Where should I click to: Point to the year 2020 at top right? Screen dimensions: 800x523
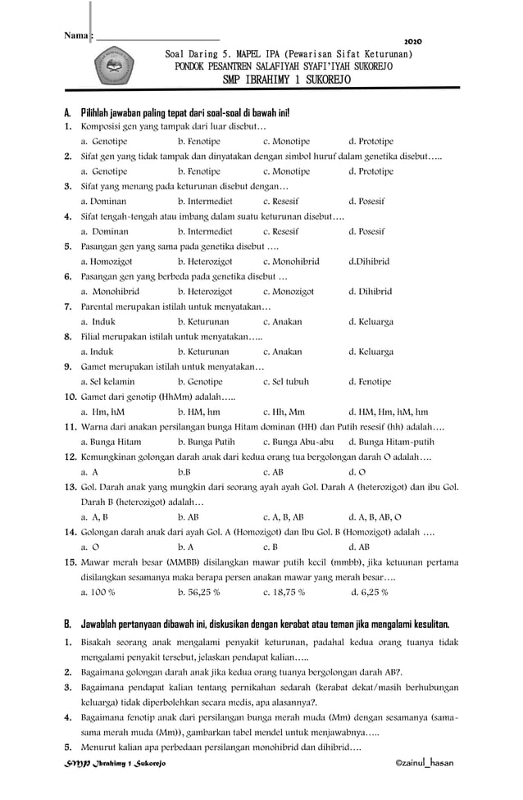pos(414,41)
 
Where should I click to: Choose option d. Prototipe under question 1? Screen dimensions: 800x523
pos(371,142)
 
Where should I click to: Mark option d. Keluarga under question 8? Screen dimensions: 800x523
pos(371,352)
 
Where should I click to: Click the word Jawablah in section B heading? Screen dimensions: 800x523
pos(102,625)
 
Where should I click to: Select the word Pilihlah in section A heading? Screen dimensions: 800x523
pos(99,111)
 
